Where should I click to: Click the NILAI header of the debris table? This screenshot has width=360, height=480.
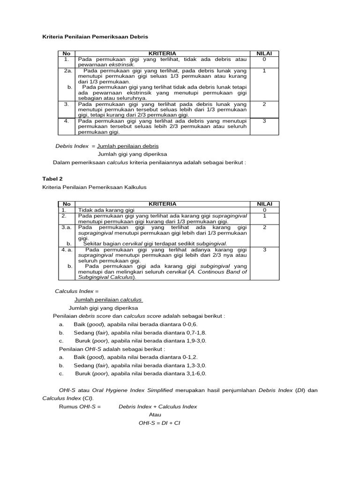pyautogui.click(x=264, y=54)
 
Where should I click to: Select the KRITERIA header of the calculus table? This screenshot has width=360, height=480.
pyautogui.click(x=162, y=204)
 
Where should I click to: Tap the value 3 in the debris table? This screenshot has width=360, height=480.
pyautogui.click(x=264, y=121)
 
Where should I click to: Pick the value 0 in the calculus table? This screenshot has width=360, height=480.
pyautogui.click(x=264, y=210)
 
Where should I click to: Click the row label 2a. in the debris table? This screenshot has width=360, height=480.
pyautogui.click(x=67, y=70)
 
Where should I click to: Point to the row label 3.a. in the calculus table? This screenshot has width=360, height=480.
pyautogui.click(x=67, y=227)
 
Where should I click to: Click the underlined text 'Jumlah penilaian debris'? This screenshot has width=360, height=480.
pyautogui.click(x=127, y=146)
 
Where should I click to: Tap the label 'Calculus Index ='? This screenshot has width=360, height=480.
pyautogui.click(x=77, y=291)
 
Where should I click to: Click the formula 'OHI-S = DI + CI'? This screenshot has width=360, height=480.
pyautogui.click(x=159, y=423)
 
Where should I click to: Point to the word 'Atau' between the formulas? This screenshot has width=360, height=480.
pyautogui.click(x=155, y=415)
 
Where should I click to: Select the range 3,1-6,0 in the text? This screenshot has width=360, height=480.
pyautogui.click(x=195, y=374)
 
